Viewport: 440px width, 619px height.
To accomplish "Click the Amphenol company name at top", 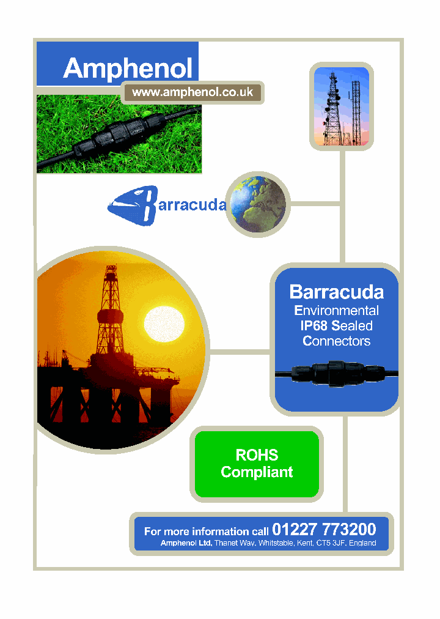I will coord(128,68).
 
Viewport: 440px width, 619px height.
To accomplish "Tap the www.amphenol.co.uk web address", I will coord(193,92).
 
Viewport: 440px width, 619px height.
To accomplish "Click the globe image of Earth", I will coord(257,204).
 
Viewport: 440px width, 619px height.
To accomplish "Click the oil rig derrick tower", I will coord(111,306).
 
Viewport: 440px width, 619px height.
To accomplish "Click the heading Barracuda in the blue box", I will coord(336,292).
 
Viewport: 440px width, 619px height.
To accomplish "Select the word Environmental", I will coord(336,310).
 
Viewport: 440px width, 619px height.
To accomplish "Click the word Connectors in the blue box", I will coord(336,341).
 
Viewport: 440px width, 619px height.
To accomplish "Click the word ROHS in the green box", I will coord(257,455).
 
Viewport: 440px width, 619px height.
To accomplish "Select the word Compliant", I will coord(257,472).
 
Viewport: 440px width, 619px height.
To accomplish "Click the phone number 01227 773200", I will coord(324,530).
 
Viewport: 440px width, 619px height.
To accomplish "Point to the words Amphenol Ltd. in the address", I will coord(186,543).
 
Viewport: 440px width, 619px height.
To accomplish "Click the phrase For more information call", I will coord(206,532).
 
